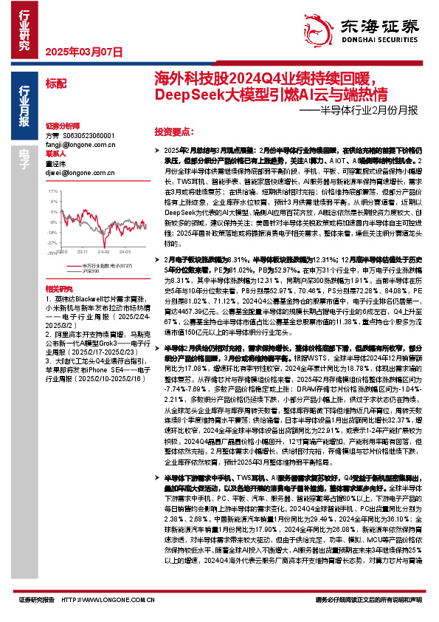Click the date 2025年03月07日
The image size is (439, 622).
[x=77, y=52]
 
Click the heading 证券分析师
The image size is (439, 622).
[x=61, y=127]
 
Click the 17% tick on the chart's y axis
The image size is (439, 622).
[x=52, y=191]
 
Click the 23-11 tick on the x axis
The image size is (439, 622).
[x=85, y=251]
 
